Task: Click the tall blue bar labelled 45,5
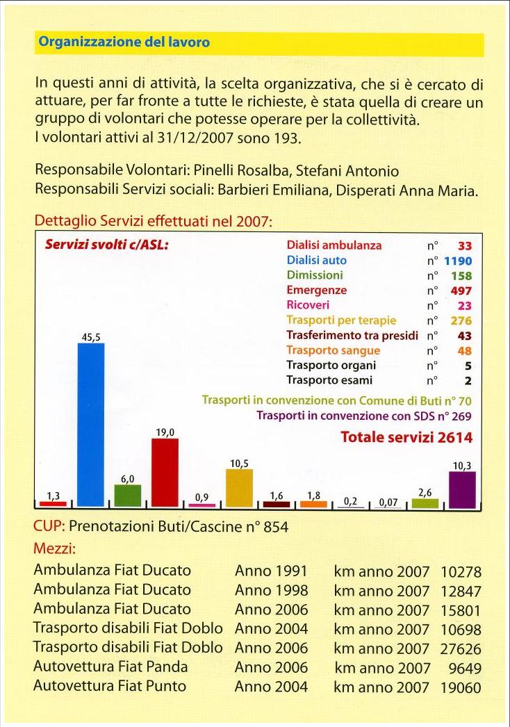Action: click(x=91, y=425)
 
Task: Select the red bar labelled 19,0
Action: click(x=165, y=473)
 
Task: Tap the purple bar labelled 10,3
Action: click(x=462, y=489)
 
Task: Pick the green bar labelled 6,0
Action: click(x=128, y=496)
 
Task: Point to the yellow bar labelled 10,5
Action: click(x=239, y=488)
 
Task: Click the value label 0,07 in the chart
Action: click(x=388, y=502)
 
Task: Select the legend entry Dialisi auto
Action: click(x=317, y=260)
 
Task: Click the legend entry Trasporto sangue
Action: click(x=334, y=350)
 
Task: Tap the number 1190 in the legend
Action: click(x=458, y=261)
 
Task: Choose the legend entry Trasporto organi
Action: click(x=331, y=366)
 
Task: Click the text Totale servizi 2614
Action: click(x=406, y=436)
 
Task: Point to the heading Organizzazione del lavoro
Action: click(x=124, y=42)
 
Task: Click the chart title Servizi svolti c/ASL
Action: click(x=106, y=245)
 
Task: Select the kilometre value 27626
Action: click(x=461, y=648)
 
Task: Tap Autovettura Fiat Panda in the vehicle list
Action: click(x=110, y=667)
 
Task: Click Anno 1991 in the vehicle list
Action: click(x=271, y=571)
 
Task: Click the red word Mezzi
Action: click(x=54, y=548)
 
